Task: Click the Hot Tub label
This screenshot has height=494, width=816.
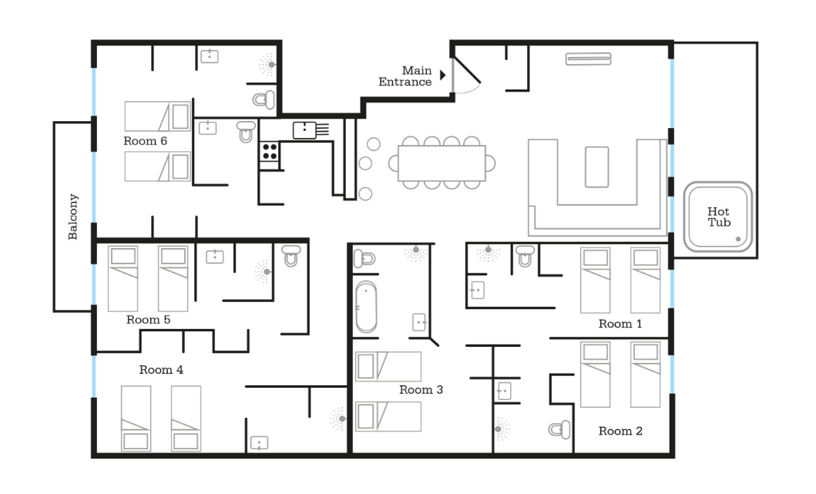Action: (x=719, y=217)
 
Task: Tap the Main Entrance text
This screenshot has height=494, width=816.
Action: (x=405, y=76)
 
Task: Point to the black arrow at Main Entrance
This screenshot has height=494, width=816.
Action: (x=443, y=75)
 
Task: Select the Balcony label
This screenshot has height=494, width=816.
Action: (x=73, y=217)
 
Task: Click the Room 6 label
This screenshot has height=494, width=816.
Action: (x=145, y=141)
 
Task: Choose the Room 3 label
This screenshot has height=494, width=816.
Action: (x=421, y=389)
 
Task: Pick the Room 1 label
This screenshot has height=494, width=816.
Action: (x=620, y=324)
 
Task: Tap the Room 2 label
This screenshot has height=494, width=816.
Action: (x=620, y=431)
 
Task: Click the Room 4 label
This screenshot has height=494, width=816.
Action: (x=161, y=370)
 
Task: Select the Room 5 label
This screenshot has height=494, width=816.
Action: (x=148, y=320)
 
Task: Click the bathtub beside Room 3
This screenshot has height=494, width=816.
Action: (x=366, y=307)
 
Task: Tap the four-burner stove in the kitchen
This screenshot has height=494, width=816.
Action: (x=270, y=152)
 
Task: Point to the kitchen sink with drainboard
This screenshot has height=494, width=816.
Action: (x=311, y=129)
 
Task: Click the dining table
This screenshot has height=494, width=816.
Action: (x=442, y=163)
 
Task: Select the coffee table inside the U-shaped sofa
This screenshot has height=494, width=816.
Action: (x=597, y=167)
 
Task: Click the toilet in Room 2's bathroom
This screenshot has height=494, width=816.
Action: (x=559, y=430)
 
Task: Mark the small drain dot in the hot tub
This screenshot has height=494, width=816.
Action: (x=738, y=239)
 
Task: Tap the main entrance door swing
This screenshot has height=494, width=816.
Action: (x=467, y=76)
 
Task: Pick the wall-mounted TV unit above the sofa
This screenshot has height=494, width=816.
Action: (x=589, y=59)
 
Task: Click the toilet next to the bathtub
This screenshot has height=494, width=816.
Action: (x=364, y=258)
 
